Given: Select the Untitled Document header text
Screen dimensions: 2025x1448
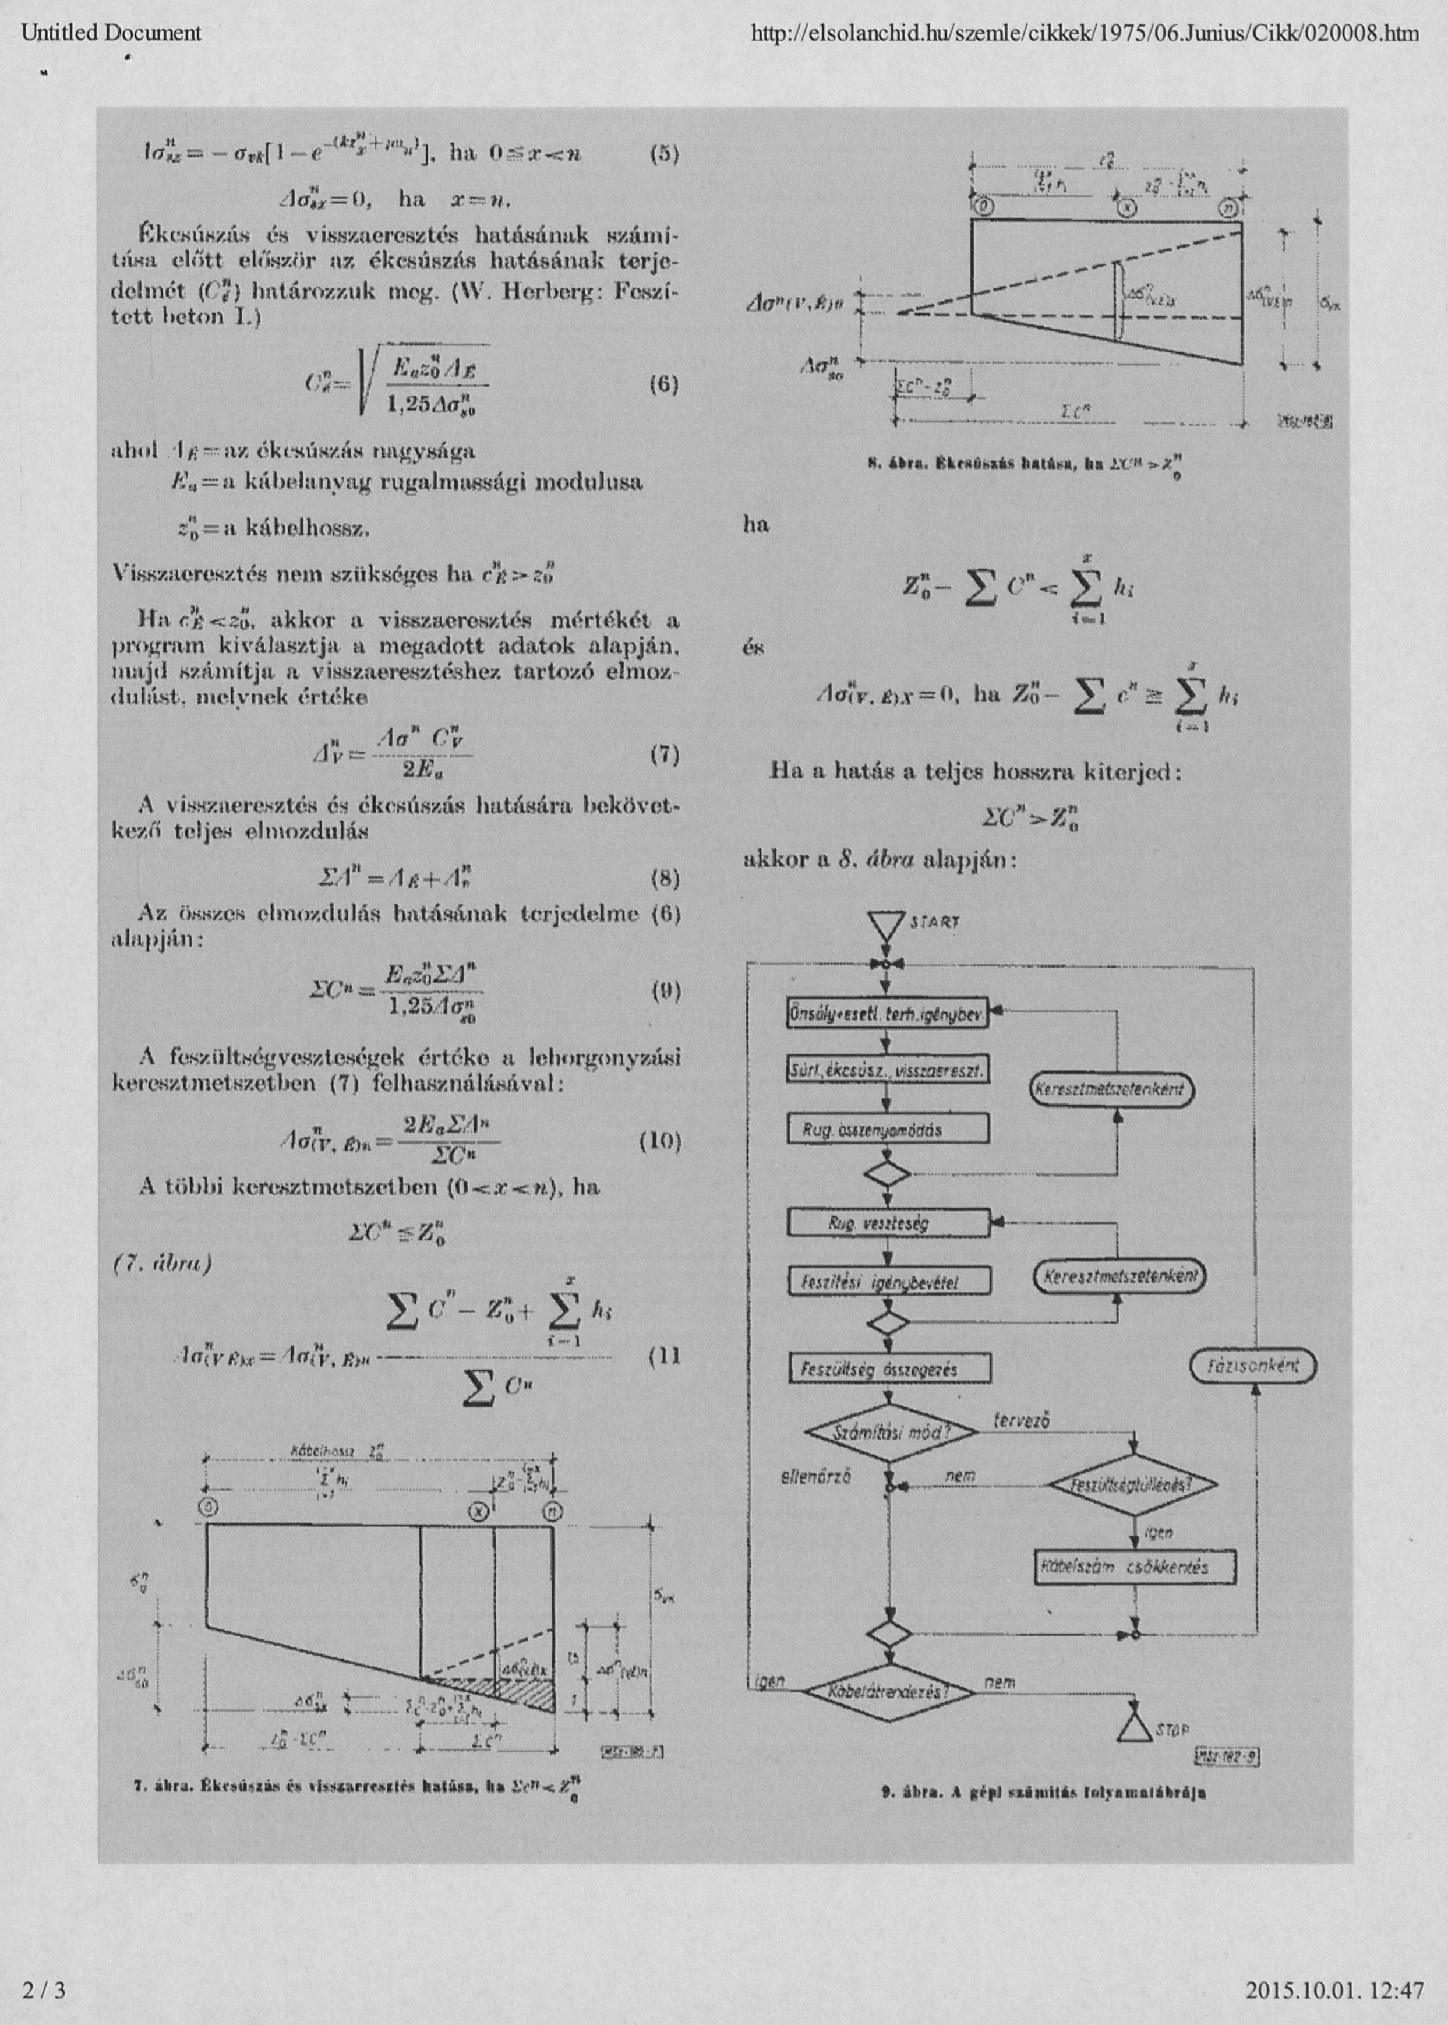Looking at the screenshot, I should pyautogui.click(x=111, y=34).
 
